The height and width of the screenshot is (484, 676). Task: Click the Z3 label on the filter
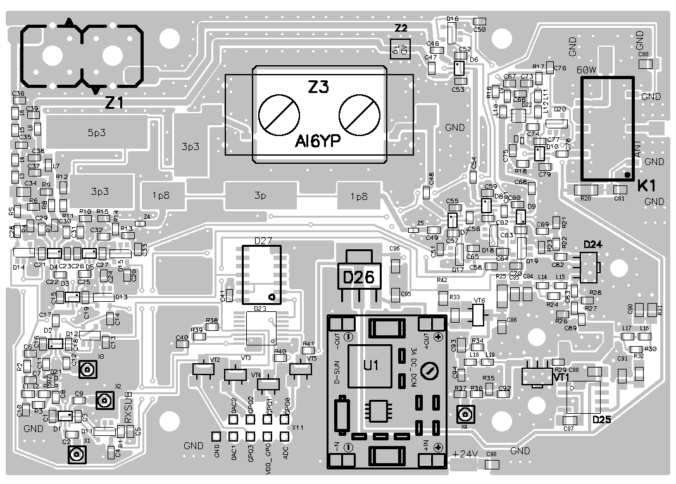coord(318,89)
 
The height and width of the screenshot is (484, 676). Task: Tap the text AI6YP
coord(318,143)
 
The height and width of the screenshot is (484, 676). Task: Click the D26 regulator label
coord(358,276)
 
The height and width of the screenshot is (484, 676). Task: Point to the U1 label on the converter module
coord(371,365)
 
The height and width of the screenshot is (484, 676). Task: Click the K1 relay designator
coord(646,186)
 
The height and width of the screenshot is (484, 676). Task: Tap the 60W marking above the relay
coord(587,70)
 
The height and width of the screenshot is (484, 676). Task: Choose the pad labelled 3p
coord(260,196)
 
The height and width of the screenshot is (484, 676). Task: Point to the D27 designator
coord(263,240)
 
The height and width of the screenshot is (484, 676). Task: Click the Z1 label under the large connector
coord(114,103)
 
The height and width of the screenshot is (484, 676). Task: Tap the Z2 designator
coord(401,28)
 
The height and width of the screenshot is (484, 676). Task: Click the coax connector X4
coord(465,415)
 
